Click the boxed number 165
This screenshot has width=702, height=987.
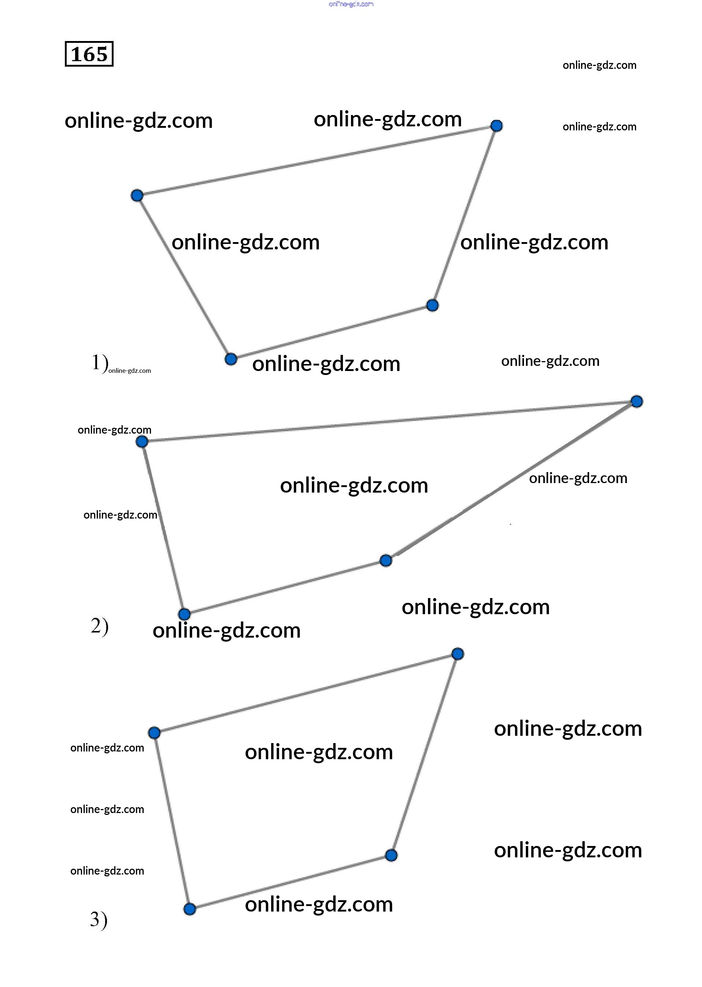89,54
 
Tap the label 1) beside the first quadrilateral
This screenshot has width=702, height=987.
99,362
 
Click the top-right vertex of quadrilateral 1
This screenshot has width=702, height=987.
497,126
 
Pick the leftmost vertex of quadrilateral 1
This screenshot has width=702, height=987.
137,195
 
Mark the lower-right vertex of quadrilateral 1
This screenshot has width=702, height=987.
432,305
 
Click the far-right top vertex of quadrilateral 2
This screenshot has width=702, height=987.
637,401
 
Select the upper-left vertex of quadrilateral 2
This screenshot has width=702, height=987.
142,442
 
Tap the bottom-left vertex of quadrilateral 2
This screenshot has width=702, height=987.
185,614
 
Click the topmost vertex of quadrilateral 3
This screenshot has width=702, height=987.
458,654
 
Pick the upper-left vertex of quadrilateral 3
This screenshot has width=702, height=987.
154,733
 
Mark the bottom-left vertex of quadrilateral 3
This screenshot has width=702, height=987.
190,909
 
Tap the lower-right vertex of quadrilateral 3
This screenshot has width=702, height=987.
391,856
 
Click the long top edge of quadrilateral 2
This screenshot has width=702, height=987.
389,421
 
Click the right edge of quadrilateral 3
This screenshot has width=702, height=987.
425,754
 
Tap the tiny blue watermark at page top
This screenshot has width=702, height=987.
351,4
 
